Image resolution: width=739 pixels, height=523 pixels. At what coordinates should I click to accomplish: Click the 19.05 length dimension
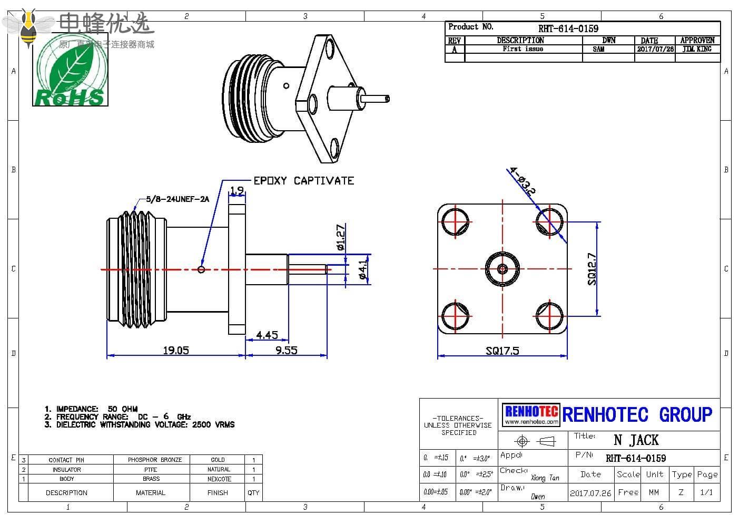click(175, 350)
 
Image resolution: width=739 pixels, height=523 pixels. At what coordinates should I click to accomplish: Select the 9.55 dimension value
click(286, 350)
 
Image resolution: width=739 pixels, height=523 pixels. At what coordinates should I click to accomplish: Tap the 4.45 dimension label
click(267, 335)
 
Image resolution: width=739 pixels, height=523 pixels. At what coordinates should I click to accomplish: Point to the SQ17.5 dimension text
click(502, 351)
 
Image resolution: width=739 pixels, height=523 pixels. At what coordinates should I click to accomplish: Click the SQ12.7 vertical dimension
click(592, 269)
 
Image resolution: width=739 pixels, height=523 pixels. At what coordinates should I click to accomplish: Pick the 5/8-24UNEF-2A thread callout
click(178, 199)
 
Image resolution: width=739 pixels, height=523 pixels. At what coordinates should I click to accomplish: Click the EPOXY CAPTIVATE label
click(304, 181)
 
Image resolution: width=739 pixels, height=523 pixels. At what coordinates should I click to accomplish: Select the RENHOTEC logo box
click(531, 414)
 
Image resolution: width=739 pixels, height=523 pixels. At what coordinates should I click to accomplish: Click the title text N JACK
click(636, 440)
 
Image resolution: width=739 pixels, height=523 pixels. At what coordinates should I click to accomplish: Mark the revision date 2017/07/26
click(655, 49)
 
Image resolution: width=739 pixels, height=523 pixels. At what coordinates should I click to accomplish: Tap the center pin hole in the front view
click(502, 269)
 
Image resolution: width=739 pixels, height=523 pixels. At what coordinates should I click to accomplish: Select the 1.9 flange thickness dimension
click(237, 190)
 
